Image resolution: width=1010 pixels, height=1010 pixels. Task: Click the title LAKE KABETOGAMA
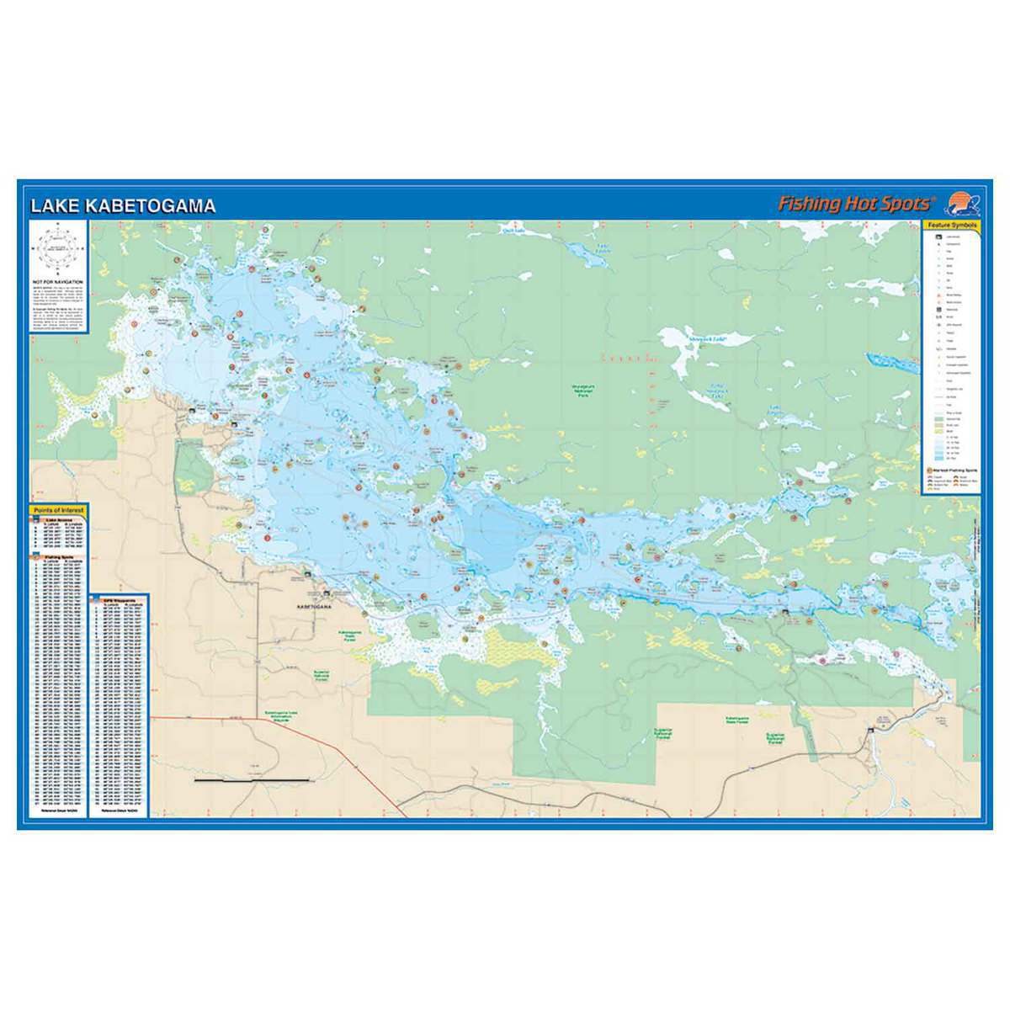(123, 206)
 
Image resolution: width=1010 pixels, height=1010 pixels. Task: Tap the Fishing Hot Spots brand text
(855, 204)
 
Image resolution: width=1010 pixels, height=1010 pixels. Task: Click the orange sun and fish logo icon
(963, 204)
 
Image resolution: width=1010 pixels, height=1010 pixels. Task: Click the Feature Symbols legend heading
(951, 226)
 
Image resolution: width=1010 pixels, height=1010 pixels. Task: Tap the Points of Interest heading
(58, 510)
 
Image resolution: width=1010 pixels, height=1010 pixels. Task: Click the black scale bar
(252, 781)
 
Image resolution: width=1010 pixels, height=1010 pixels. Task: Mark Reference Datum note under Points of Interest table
(58, 814)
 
